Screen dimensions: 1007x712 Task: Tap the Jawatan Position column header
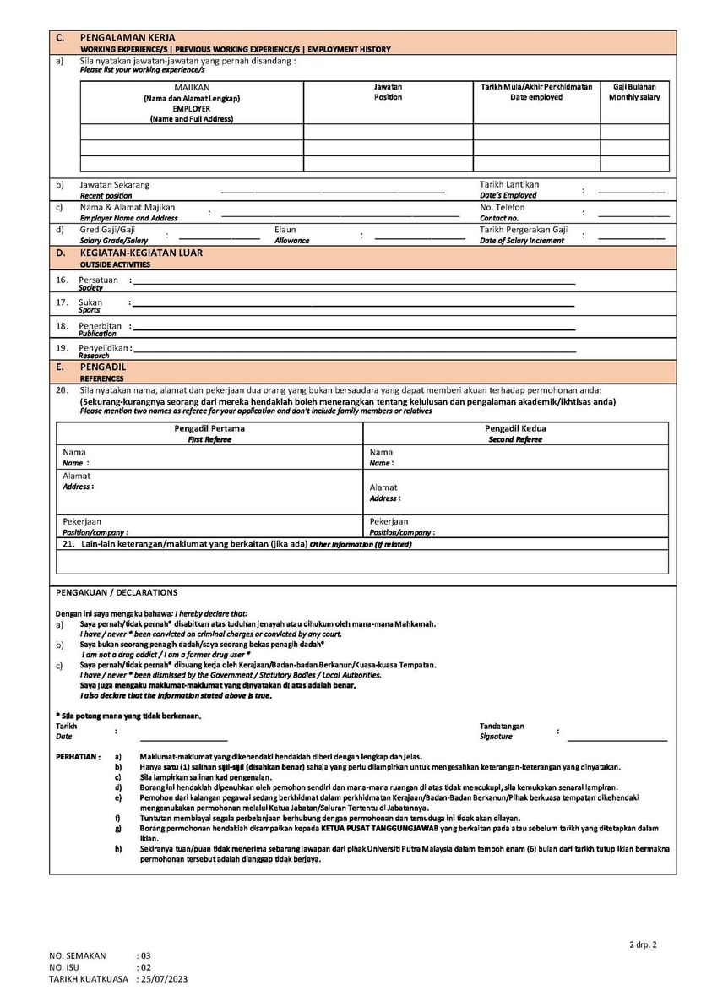coord(388,92)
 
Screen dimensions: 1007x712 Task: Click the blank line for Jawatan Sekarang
coord(333,193)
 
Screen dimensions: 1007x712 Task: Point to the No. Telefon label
coord(503,207)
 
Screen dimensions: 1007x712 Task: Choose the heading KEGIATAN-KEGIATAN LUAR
coord(141,253)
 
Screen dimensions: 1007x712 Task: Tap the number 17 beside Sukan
coord(62,302)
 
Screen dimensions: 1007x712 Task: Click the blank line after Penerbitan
coord(355,328)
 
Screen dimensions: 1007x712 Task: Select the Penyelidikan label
coord(103,347)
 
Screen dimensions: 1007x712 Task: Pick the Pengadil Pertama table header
coord(209,429)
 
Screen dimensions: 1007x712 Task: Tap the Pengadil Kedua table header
coord(515,429)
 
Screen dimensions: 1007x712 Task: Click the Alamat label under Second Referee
coord(383,487)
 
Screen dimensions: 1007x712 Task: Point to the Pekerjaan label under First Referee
coord(82,521)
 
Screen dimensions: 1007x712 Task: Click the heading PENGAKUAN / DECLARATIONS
coord(117,592)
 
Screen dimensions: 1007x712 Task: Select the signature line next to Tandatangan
coord(617,740)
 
